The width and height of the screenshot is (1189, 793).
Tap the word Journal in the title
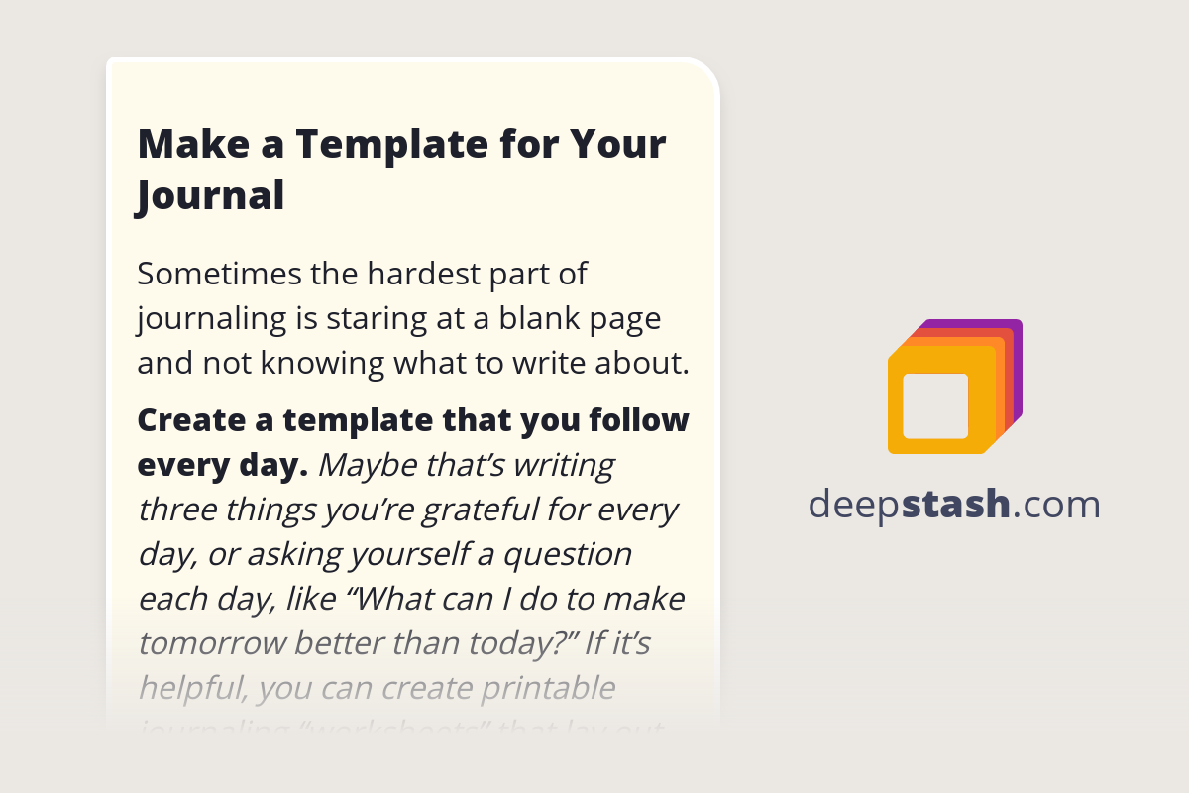click(x=211, y=195)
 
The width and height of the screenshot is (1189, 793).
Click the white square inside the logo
click(x=935, y=405)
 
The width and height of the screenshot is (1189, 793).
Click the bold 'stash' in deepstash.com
click(x=956, y=505)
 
